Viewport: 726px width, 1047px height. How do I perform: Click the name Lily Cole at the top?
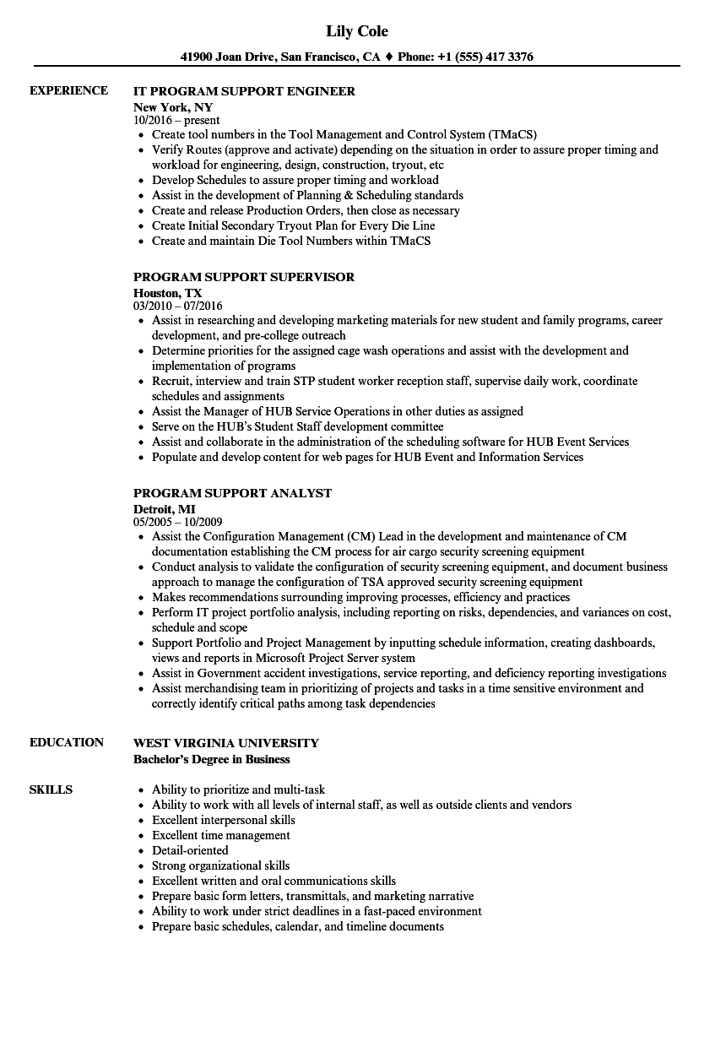(x=357, y=31)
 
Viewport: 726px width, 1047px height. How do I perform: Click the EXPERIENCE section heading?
(x=68, y=90)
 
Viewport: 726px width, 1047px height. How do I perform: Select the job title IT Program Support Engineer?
(x=244, y=91)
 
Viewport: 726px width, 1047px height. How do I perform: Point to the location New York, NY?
(x=173, y=107)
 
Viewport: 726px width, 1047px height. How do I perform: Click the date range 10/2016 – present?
(x=176, y=120)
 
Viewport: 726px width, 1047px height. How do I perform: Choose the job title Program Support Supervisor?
(x=244, y=277)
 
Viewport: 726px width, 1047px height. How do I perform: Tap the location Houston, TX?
(x=167, y=293)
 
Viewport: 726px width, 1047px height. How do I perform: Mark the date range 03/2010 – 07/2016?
(x=178, y=306)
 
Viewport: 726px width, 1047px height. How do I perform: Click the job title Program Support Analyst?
(x=232, y=493)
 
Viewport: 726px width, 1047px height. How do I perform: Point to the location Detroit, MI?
(x=165, y=509)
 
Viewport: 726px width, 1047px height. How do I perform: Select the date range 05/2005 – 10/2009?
(x=178, y=522)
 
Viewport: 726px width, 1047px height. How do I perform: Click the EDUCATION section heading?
(x=67, y=742)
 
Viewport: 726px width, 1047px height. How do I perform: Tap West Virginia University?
(x=226, y=743)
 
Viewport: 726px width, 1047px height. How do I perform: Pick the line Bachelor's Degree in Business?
(x=211, y=759)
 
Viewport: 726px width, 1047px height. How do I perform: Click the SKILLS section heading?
(x=51, y=789)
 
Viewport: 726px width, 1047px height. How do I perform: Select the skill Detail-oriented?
(x=190, y=850)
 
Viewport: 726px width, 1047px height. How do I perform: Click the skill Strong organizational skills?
(x=220, y=865)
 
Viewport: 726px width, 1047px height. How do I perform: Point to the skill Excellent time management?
(x=220, y=835)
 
